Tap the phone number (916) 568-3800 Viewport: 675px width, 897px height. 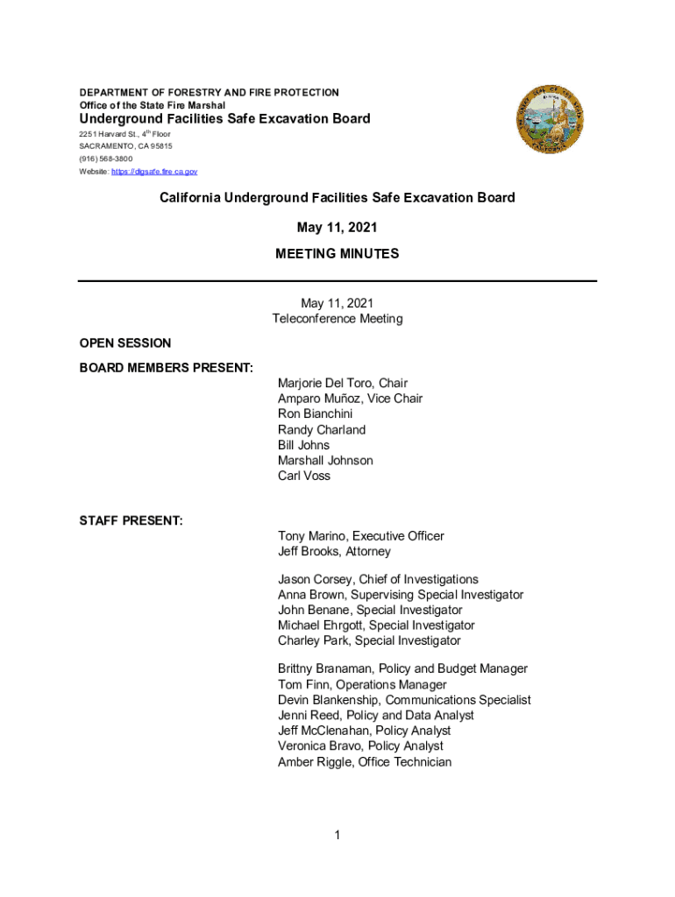pos(106,159)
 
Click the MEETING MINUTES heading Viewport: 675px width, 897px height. pos(337,254)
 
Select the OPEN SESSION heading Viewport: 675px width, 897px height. pos(125,343)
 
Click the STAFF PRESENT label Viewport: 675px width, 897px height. pos(131,521)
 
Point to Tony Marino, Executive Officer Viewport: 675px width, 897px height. pos(360,536)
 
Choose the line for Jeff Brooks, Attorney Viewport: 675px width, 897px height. pos(334,552)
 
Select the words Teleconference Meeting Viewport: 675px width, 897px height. pos(337,319)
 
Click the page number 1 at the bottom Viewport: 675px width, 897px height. pos(337,836)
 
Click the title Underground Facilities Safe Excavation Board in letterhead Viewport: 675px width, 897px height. pos(225,119)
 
